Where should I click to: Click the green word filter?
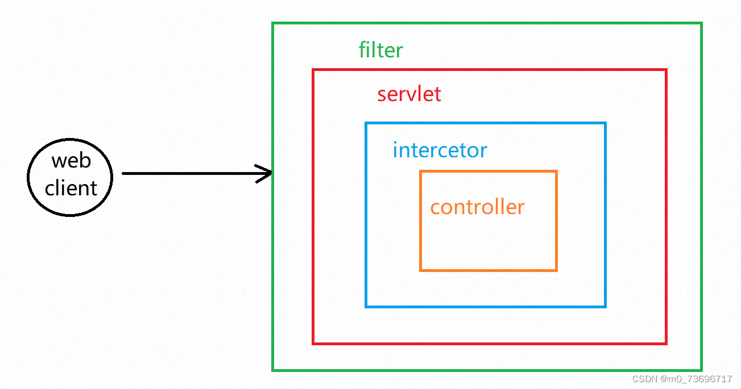point(380,50)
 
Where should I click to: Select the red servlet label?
point(409,94)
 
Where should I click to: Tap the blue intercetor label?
point(440,150)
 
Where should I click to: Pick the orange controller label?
point(477,207)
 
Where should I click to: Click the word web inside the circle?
point(71,161)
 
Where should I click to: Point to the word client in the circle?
point(71,188)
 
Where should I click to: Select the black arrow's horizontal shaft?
point(188,173)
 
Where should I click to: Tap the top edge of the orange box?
point(488,172)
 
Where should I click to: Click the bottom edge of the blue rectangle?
point(486,307)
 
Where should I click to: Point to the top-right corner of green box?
point(701,24)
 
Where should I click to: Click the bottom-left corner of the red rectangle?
point(313,343)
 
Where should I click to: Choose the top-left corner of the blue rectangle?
point(366,123)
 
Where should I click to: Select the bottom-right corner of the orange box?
point(556,270)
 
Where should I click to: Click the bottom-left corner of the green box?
point(273,370)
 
